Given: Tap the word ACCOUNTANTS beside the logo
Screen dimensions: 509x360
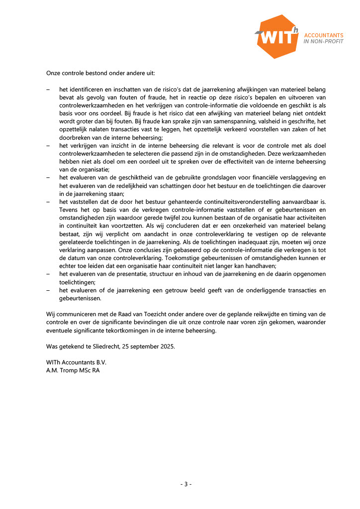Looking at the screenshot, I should [x=324, y=36].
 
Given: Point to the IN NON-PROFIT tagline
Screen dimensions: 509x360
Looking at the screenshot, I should [x=324, y=42].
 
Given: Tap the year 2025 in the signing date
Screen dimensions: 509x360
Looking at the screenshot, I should [x=166, y=346].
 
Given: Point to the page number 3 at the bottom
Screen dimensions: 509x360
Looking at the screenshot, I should [x=185, y=484].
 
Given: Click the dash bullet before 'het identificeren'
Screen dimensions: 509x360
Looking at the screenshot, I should [x=48, y=89].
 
